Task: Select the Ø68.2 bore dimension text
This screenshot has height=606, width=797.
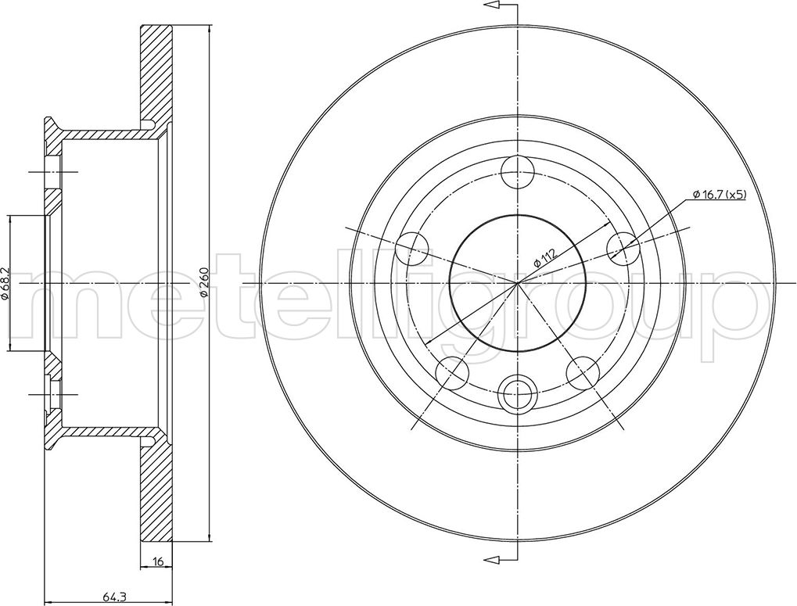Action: tap(5, 282)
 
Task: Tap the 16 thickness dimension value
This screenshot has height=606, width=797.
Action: tap(157, 561)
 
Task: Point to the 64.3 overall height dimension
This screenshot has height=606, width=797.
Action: tap(109, 598)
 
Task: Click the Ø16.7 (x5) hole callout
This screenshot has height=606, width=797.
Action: tap(720, 194)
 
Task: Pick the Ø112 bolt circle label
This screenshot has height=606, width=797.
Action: tap(545, 256)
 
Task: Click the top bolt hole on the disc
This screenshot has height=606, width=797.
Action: tap(518, 172)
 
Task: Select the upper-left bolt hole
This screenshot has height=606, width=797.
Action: tap(411, 249)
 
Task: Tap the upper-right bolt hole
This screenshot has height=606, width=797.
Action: tap(623, 249)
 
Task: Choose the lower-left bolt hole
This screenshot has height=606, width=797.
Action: tap(452, 372)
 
